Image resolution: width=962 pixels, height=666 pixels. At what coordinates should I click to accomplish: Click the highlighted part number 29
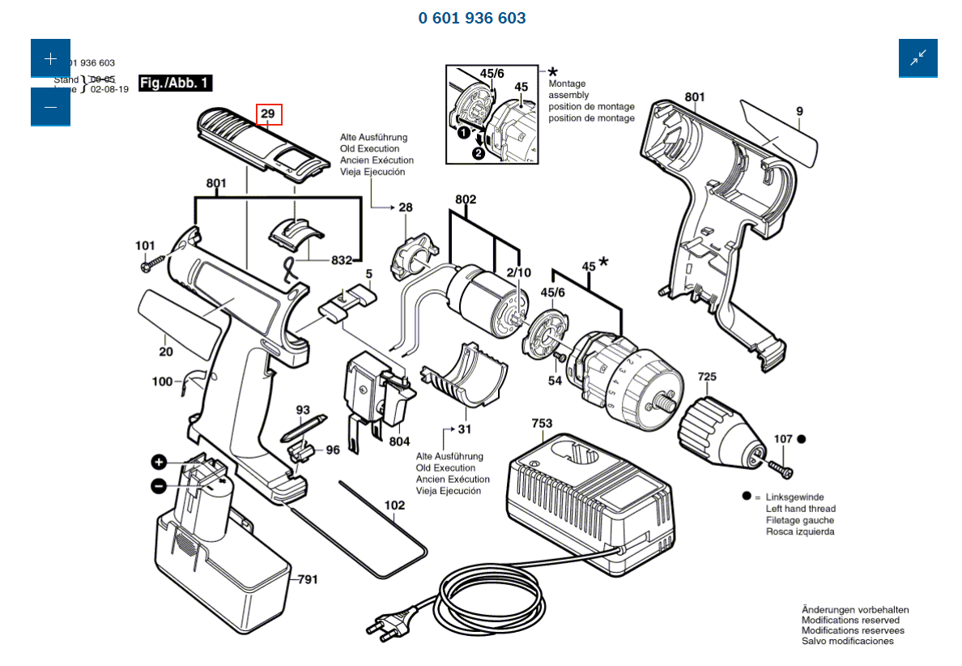(x=269, y=115)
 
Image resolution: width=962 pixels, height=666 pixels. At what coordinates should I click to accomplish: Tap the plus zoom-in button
(x=50, y=58)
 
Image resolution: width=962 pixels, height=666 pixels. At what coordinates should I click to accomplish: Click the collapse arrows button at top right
(x=917, y=58)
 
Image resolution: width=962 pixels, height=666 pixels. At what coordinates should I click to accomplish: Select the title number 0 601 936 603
(x=472, y=18)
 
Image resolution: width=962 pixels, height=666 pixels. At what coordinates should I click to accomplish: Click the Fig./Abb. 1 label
(x=176, y=83)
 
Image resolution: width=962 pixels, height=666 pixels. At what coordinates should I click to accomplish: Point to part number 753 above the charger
(x=542, y=424)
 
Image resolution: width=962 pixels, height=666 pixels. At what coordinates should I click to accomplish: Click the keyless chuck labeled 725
(x=719, y=426)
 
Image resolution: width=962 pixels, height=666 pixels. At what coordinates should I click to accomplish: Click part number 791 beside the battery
(x=307, y=579)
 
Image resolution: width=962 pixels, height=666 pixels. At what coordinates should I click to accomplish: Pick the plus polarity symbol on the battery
(x=159, y=463)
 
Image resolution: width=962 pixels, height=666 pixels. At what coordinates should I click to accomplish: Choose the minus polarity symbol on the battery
(x=159, y=485)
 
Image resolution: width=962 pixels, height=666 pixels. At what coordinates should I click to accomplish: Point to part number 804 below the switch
(x=399, y=442)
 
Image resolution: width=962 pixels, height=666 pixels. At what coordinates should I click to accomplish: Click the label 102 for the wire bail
(x=394, y=505)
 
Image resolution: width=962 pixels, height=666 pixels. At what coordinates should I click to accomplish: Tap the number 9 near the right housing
(x=799, y=111)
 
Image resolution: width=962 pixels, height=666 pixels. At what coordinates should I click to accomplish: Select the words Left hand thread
(x=800, y=509)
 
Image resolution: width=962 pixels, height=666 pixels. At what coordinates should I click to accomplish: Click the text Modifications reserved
(x=850, y=620)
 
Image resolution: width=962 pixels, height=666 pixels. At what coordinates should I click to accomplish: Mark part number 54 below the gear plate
(x=555, y=380)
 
